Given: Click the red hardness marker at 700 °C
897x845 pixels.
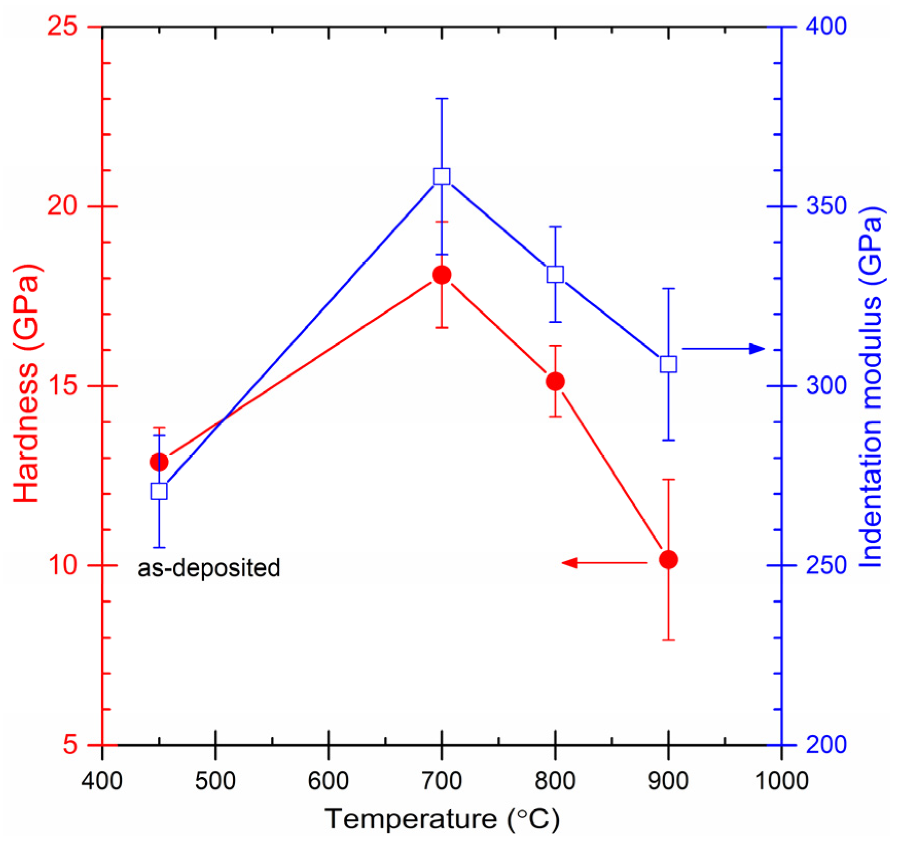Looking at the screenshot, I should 442,275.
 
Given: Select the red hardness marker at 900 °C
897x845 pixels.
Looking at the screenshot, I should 668,559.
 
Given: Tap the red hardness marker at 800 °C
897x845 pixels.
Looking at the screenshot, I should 555,381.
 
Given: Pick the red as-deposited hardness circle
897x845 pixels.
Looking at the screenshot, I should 159,462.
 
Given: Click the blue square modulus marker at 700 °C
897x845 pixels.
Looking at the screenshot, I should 442,176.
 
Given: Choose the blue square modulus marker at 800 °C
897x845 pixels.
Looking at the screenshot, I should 555,274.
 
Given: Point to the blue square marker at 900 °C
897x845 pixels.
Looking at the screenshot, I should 668,364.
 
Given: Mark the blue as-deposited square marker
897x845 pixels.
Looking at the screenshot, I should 159,491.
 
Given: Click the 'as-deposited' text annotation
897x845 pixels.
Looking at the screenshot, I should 209,568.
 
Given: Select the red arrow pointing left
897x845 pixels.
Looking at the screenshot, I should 603,563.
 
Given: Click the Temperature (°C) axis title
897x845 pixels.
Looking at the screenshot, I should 442,818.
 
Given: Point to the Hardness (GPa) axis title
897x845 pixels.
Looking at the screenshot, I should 26,383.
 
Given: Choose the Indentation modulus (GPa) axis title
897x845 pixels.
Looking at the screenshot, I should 871,386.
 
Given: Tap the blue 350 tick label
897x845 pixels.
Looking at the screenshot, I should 826,206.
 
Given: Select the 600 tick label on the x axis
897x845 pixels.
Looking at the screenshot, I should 328,781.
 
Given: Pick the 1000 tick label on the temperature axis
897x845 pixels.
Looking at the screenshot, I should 781,781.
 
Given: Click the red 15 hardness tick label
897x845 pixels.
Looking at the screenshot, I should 62,386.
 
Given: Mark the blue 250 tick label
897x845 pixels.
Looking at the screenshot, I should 826,565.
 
